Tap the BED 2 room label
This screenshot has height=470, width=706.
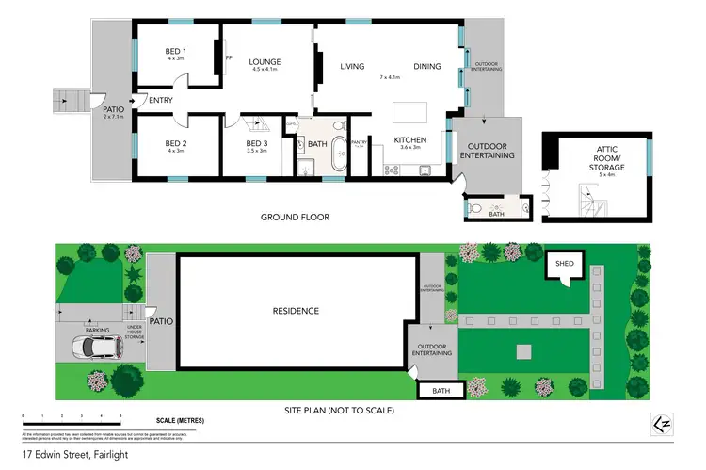coord(177,146)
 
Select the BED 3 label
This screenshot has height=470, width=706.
coord(257,146)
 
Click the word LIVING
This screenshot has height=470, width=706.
coord(352,66)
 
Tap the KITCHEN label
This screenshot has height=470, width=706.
coord(411,141)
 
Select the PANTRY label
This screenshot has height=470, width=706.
coord(358,143)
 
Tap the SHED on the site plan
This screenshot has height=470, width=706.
coord(565,264)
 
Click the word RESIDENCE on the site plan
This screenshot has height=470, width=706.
coord(296,311)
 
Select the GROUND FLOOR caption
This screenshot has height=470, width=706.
coord(295,218)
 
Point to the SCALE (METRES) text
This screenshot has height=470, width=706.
coord(178,420)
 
